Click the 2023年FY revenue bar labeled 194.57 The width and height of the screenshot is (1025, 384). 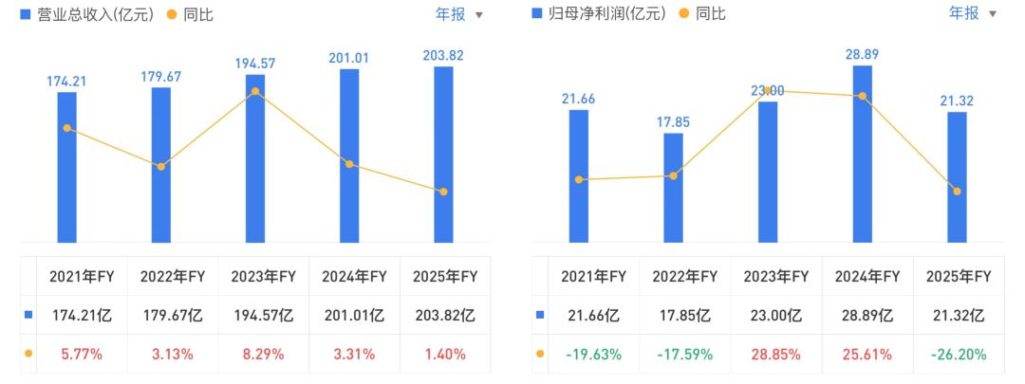tap(255, 158)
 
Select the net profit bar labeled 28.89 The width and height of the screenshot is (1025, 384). tap(862, 155)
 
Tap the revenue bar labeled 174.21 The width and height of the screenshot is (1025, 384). tap(66, 167)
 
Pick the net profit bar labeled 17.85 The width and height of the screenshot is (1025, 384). tap(673, 188)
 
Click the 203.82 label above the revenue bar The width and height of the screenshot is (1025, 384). tap(443, 56)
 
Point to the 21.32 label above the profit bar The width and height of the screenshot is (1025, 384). tap(957, 101)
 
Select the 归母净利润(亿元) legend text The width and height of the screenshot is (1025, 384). tap(606, 13)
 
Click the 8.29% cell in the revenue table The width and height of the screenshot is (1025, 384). tap(264, 355)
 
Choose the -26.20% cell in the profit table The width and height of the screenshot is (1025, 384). tap(959, 355)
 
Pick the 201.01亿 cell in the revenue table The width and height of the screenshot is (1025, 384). tap(354, 316)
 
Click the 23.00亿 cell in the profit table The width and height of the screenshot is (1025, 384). tap(776, 316)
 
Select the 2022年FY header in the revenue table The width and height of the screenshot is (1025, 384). tap(173, 276)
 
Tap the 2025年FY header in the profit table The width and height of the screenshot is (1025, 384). tap(959, 276)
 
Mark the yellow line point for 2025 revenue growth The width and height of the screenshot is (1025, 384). tap(444, 192)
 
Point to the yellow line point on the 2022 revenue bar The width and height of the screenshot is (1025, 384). tap(160, 167)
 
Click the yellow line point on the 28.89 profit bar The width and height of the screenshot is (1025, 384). tap(862, 96)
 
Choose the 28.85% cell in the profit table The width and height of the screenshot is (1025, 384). tap(776, 355)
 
